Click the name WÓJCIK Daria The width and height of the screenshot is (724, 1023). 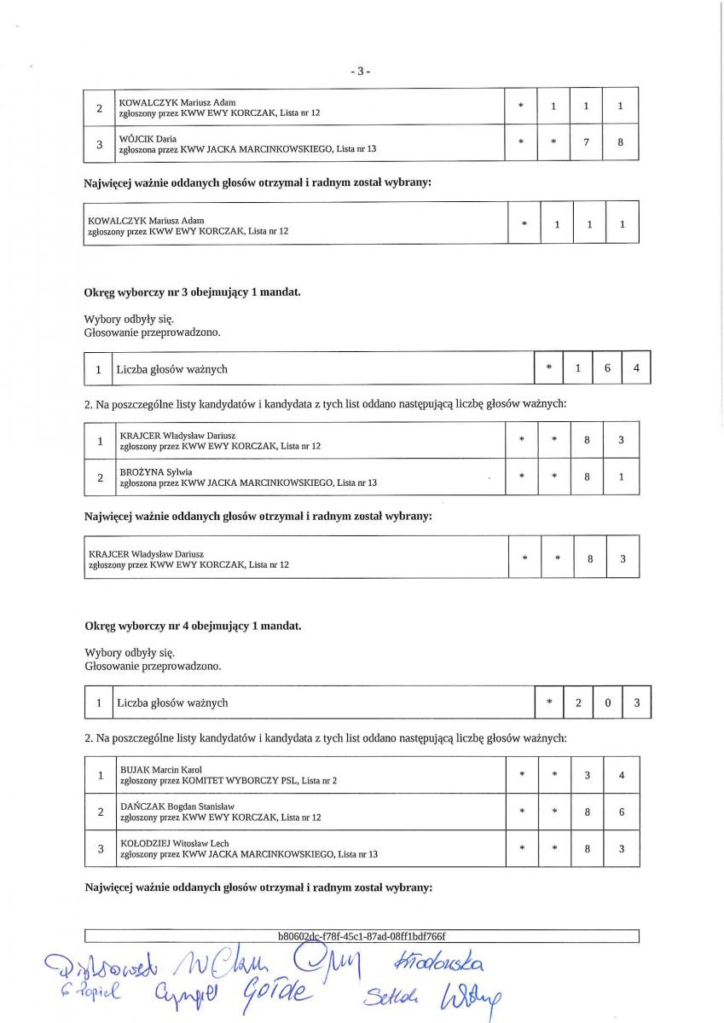pos(148,138)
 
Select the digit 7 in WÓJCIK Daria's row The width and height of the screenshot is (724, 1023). pos(587,143)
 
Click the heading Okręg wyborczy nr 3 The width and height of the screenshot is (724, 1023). pos(192,292)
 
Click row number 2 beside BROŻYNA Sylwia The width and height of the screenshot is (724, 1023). pos(101,477)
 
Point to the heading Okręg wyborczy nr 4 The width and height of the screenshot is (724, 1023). pos(192,626)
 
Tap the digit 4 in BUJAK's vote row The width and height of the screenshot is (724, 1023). pos(622,775)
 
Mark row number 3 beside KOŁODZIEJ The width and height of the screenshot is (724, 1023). pos(101,848)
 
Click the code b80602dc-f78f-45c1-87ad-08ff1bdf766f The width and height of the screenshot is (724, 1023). pos(362,936)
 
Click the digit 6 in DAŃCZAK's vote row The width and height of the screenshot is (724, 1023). pos(622,812)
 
